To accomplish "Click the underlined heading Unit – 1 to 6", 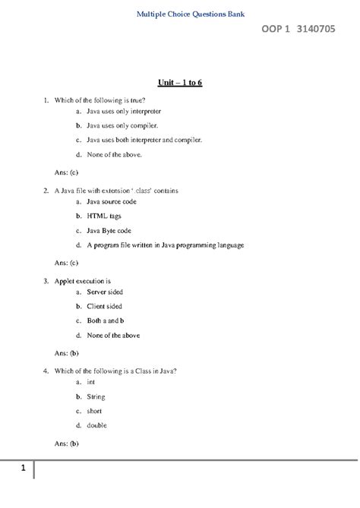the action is point(179,81).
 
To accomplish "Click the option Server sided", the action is point(105,292).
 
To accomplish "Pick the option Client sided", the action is point(105,306).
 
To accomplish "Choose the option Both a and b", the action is point(106,320).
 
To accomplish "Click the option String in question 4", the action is point(96,396).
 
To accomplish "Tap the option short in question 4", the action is point(94,411).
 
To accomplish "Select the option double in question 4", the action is point(97,425).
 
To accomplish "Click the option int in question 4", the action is point(90,382).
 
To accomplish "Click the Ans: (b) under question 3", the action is point(67,353).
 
